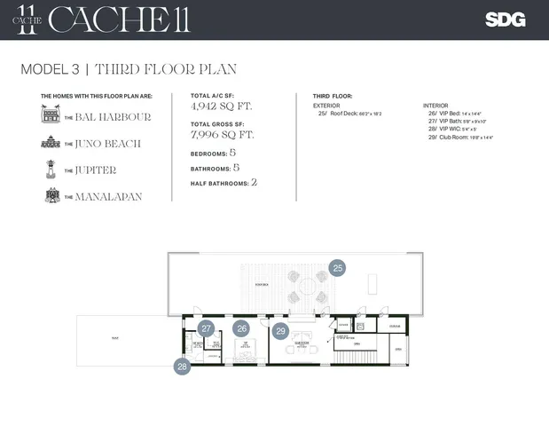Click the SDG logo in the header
coord(506,20)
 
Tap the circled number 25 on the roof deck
coord(337,267)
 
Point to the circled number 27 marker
coord(207,328)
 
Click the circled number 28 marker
coord(183,366)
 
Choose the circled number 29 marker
coord(281,331)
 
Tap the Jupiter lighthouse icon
coord(50,170)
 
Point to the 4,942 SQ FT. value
coord(221,106)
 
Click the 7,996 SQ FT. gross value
coord(223,135)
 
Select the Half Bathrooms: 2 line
coord(224,182)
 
